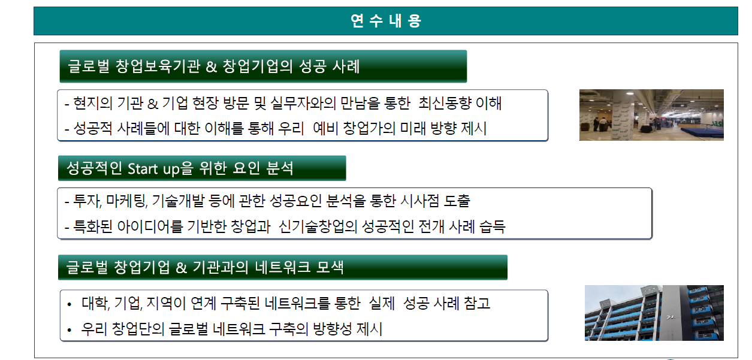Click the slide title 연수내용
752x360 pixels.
386,21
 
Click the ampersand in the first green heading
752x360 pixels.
211,66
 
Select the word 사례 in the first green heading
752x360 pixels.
346,66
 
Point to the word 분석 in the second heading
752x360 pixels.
280,168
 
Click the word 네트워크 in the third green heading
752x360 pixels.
283,267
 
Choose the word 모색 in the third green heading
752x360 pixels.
330,267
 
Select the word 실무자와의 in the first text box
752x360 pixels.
303,103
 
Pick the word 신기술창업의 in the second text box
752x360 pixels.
318,226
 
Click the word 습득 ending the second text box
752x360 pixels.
492,226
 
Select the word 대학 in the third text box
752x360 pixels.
96,303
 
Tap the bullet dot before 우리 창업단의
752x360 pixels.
69,330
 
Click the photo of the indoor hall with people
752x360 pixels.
651,115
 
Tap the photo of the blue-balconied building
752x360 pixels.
654,313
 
